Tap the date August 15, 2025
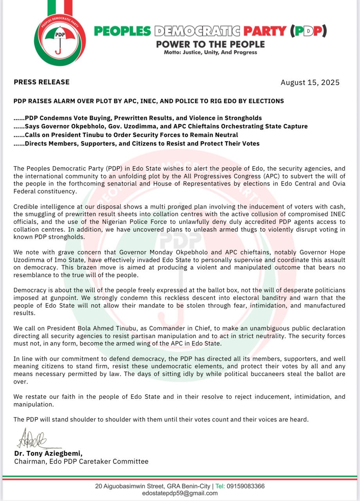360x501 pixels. tap(310, 83)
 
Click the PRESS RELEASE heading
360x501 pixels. tap(41, 82)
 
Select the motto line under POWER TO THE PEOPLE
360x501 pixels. tap(211, 52)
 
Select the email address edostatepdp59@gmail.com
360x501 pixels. tap(180, 493)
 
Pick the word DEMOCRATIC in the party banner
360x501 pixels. tap(197, 31)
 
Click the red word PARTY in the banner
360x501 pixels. tap(265, 31)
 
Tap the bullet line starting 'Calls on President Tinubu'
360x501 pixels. tap(126, 135)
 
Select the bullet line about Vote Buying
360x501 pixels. tap(138, 118)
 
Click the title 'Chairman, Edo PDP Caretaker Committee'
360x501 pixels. tap(81, 461)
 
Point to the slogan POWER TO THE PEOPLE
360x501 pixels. tap(211, 44)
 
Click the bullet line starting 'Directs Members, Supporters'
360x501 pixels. tap(137, 144)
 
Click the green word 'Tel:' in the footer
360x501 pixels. tap(221, 486)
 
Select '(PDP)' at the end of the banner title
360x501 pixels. tap(308, 31)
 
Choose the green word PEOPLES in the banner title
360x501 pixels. tap(122, 31)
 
